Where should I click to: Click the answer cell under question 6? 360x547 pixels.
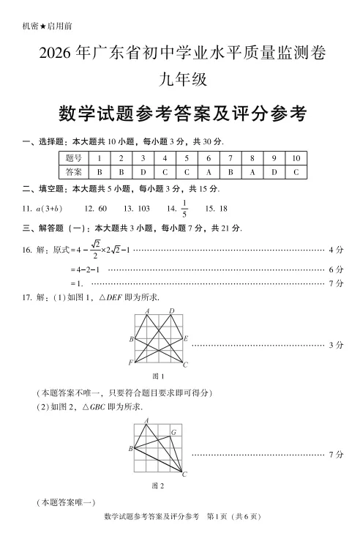(x=209, y=172)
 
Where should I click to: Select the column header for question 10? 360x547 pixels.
(x=296, y=158)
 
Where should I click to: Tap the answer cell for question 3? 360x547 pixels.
(x=143, y=172)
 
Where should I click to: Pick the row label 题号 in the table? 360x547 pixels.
(x=72, y=158)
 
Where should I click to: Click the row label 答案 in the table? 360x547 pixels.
(x=72, y=172)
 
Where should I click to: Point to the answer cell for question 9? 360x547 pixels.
(x=274, y=172)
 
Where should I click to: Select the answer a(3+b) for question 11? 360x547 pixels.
(x=48, y=209)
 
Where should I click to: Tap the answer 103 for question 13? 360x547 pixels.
(x=138, y=209)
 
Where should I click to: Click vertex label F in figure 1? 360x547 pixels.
(x=130, y=362)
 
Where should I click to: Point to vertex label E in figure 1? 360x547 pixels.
(x=187, y=339)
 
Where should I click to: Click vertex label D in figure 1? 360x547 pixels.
(x=172, y=311)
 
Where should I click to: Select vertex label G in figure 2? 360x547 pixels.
(x=173, y=432)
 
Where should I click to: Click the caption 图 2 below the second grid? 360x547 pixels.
(x=157, y=485)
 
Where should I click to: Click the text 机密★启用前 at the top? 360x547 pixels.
(x=48, y=26)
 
